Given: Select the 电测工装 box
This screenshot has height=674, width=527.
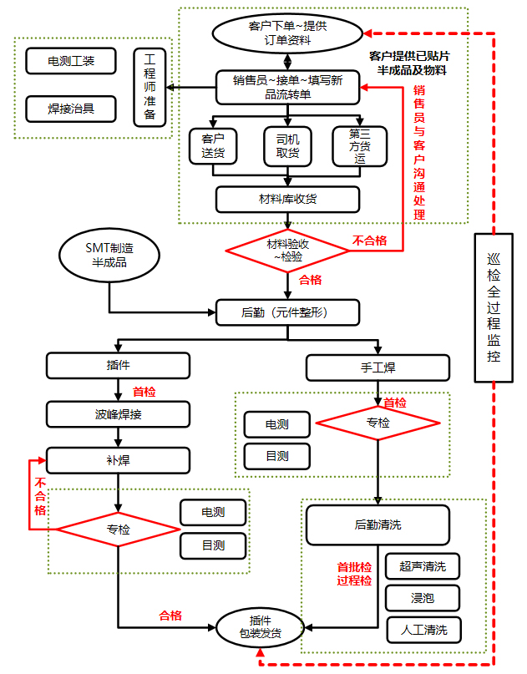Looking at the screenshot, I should pos(71,61).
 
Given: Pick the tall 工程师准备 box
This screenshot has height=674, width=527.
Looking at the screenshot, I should pos(149,88).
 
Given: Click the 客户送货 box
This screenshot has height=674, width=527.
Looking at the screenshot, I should pos(213,145).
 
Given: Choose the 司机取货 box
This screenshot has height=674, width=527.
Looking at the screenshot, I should pos(287,145).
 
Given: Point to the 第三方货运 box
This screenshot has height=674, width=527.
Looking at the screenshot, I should pos(360,145).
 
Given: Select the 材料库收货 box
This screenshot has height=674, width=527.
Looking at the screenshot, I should pos(287,199).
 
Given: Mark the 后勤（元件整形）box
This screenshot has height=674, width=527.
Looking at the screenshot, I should pos(287,313).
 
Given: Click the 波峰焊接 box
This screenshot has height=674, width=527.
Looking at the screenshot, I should pos(118,413).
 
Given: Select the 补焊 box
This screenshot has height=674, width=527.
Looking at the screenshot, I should pos(118,460).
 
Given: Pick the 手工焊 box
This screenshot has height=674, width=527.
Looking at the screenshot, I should pos(378,367).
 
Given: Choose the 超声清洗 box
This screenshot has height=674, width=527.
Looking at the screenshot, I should pos(423,566).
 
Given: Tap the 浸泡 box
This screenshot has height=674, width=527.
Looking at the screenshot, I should pos(423,598).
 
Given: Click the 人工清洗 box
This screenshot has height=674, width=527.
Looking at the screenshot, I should pos(423,630).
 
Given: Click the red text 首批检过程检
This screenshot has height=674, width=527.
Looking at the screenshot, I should pos(354,573).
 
